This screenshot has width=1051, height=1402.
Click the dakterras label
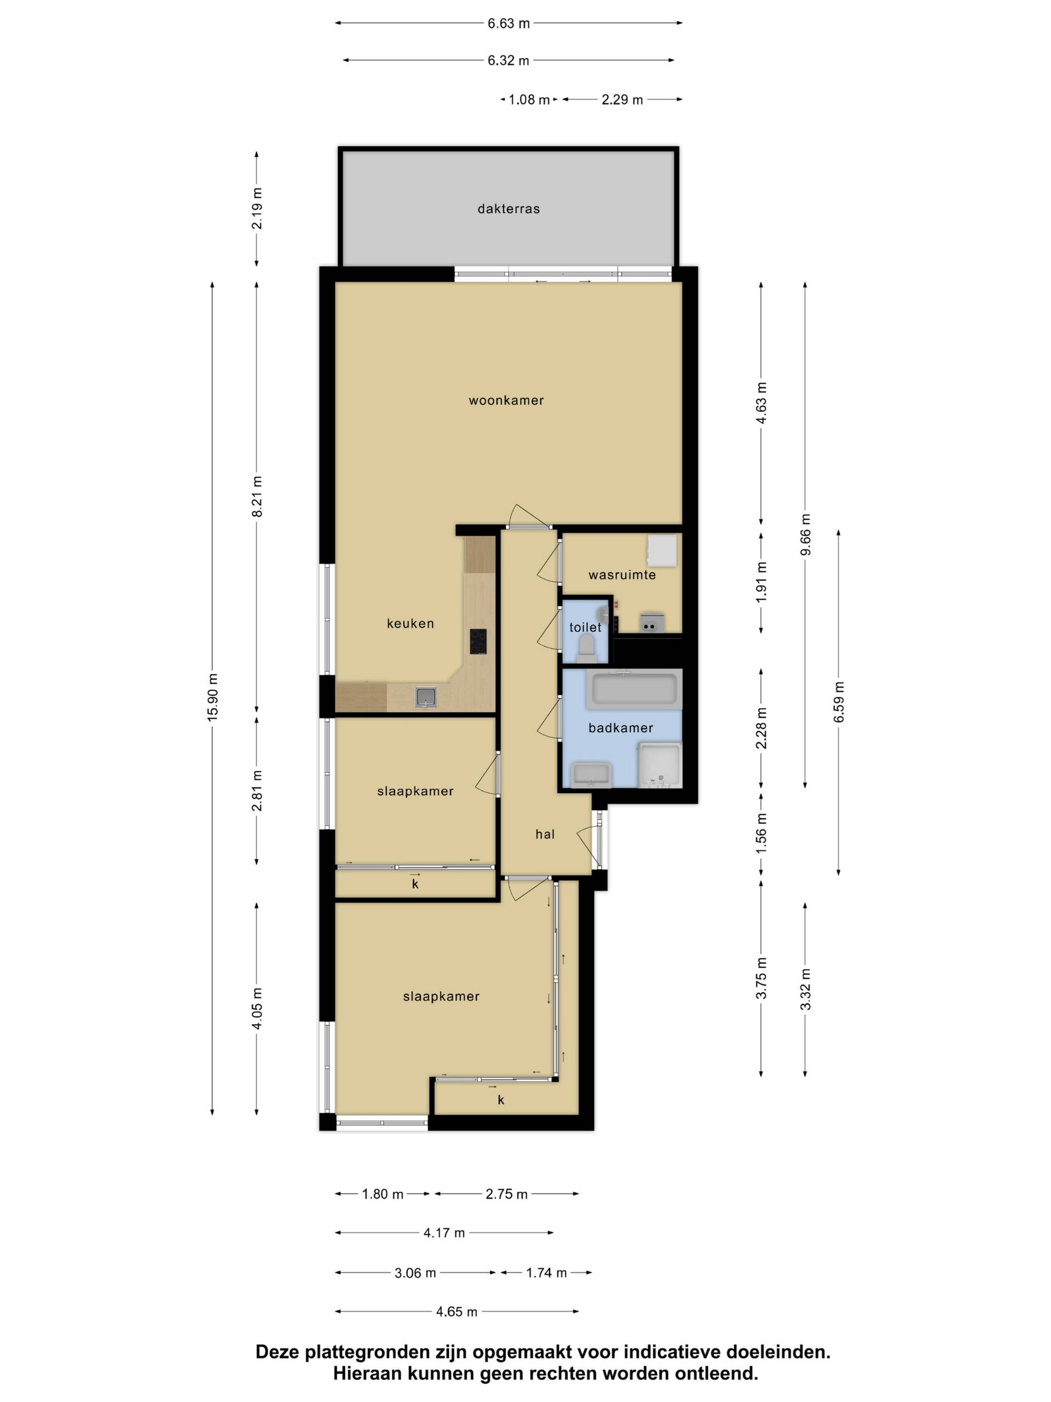[509, 209]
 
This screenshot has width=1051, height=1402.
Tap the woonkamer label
[506, 400]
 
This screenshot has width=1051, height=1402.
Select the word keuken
[411, 623]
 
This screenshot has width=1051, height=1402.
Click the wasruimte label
[621, 575]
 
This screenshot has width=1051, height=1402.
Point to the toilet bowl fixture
[586, 649]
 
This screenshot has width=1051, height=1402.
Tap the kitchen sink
[426, 697]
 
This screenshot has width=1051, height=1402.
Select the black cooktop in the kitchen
[478, 641]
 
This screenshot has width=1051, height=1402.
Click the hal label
[545, 834]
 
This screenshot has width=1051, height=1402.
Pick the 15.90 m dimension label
[212, 697]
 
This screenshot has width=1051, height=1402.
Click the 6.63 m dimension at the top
[509, 24]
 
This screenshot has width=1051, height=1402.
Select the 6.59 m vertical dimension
[839, 702]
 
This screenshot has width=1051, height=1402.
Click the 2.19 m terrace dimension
[257, 209]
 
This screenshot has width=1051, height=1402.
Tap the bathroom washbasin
[591, 774]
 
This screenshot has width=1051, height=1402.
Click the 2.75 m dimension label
[507, 1194]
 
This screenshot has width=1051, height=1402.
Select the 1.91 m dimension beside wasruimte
[761, 582]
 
